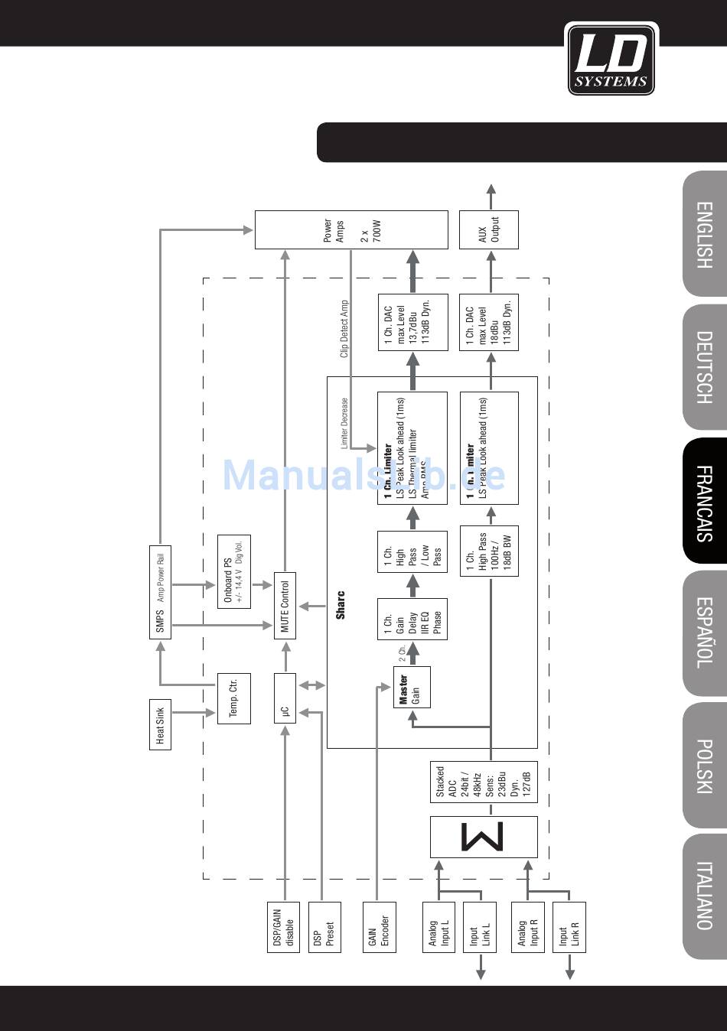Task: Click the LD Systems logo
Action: (611, 59)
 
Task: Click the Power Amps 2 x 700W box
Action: (350, 229)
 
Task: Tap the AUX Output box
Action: (488, 229)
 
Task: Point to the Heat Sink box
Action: (160, 724)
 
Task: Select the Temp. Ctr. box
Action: (233, 698)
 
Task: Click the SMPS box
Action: (160, 592)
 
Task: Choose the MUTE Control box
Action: (285, 605)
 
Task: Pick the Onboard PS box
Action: (233, 561)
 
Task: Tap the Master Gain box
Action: (411, 687)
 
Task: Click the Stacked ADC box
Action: (483, 782)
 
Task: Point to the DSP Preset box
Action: (324, 926)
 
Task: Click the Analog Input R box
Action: (527, 926)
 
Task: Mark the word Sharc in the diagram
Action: (341, 604)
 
